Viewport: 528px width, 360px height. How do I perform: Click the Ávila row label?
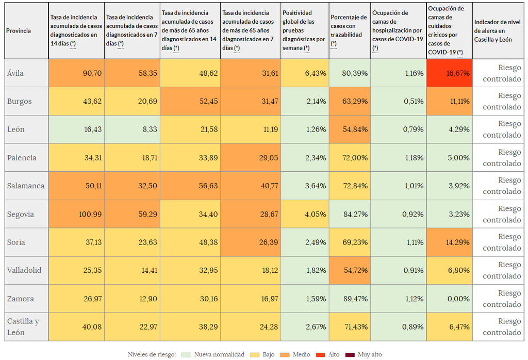pyautogui.click(x=15, y=73)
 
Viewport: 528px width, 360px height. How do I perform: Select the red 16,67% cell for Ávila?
pyautogui.click(x=449, y=73)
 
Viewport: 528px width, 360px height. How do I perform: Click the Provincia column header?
pyautogui.click(x=19, y=31)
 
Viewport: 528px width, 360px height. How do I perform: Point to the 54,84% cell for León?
pyautogui.click(x=350, y=129)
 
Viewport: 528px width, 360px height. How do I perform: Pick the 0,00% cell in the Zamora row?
pyautogui.click(x=449, y=299)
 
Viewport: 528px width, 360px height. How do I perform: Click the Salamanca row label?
pyautogui.click(x=26, y=186)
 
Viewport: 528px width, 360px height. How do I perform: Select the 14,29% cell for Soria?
pyautogui.click(x=449, y=242)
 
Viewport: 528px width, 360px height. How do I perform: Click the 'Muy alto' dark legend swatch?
pyautogui.click(x=351, y=355)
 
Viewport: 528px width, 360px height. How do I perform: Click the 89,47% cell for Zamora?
pyautogui.click(x=350, y=299)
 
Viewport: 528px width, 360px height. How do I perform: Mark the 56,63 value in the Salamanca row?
pyautogui.click(x=190, y=186)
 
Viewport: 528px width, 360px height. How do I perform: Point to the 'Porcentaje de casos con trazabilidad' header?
pyautogui.click(x=350, y=30)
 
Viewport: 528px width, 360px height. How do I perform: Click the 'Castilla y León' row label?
pyautogui.click(x=23, y=327)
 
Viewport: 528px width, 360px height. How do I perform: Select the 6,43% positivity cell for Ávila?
pyautogui.click(x=305, y=73)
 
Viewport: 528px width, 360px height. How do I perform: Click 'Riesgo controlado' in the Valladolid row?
pyautogui.click(x=498, y=270)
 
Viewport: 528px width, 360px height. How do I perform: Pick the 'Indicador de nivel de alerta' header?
pyautogui.click(x=498, y=30)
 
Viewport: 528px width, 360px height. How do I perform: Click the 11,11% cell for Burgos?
pyautogui.click(x=449, y=101)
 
